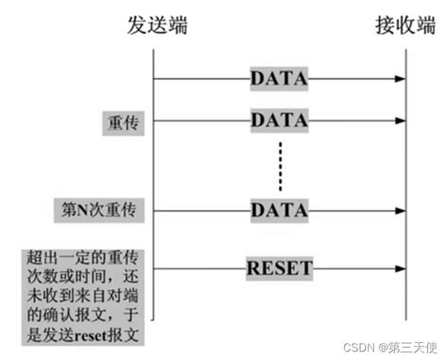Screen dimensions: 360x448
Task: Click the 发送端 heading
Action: [x=156, y=26]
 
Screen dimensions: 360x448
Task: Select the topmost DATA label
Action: [x=279, y=79]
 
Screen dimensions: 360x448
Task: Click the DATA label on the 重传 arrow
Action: [x=279, y=121]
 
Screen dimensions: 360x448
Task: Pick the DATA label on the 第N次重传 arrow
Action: [x=279, y=209]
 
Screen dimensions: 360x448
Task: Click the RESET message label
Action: [x=279, y=267]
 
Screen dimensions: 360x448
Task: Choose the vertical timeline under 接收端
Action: [x=406, y=170]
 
